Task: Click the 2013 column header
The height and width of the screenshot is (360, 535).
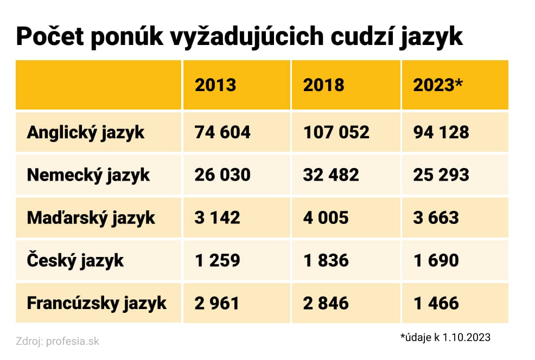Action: coord(215,85)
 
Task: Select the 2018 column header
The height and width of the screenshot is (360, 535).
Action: coord(323,85)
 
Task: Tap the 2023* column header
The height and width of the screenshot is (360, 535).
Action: coord(437,85)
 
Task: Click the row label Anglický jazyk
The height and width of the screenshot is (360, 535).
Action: coord(86,132)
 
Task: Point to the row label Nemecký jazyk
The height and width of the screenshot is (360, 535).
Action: coord(88,175)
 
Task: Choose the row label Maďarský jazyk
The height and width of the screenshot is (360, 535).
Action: coord(91,218)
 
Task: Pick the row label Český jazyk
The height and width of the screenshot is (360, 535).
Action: coord(75,260)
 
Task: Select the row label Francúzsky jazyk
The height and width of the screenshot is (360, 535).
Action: coord(97,303)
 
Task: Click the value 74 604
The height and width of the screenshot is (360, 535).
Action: coord(222,132)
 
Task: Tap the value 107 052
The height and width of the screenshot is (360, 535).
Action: coord(336,132)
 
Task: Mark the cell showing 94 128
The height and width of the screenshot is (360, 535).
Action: coord(441,132)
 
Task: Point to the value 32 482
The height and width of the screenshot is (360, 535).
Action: coord(331,175)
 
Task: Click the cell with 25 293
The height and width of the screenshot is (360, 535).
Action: coord(441,175)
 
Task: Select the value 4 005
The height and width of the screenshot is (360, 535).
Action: coord(326,218)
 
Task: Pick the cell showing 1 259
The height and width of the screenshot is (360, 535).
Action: coord(217,260)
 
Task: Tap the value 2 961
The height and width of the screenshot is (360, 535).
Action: coord(217,303)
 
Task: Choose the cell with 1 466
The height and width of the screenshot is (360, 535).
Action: coord(436,303)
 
